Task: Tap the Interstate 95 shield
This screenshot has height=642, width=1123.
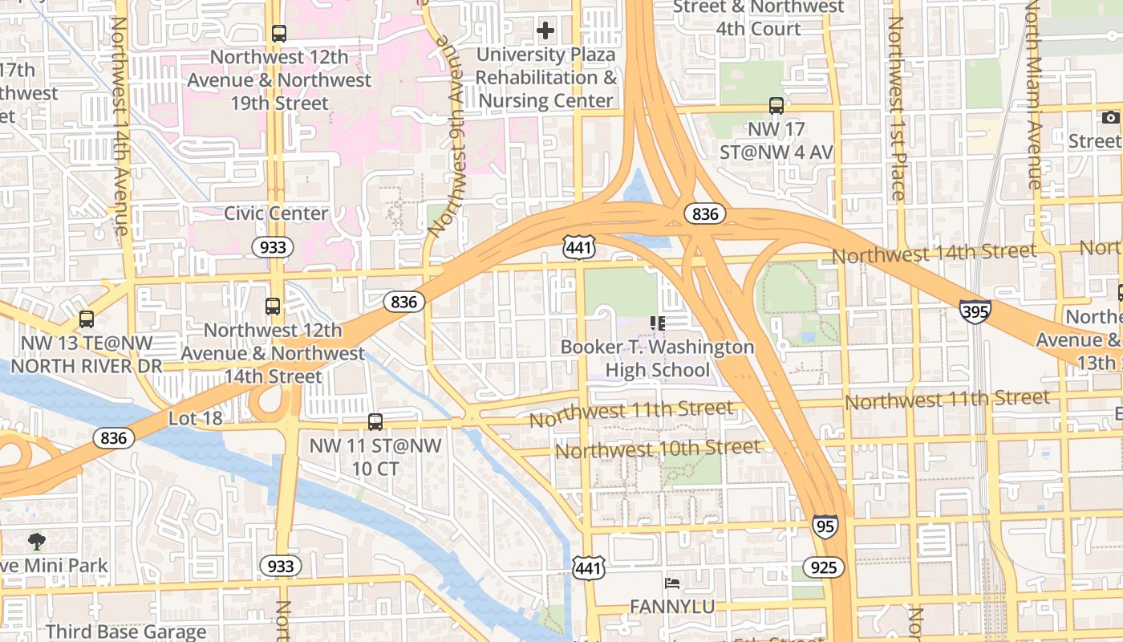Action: tap(825, 526)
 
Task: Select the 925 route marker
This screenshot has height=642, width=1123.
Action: tap(823, 568)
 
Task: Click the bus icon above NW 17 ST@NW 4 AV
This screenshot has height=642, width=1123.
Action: tap(776, 105)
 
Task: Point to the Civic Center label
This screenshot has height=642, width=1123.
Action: tap(275, 213)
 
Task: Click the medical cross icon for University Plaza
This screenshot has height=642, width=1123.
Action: tap(545, 31)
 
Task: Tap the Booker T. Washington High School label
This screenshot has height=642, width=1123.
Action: tap(657, 359)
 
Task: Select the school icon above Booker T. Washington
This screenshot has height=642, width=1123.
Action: tap(658, 323)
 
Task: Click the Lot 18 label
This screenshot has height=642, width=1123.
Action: tap(195, 418)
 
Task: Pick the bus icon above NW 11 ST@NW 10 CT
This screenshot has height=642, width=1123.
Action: tap(375, 421)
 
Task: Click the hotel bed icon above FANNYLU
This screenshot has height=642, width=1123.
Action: tap(672, 583)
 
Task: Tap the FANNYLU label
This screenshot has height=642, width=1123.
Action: tap(672, 607)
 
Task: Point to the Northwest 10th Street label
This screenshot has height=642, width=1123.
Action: tap(657, 449)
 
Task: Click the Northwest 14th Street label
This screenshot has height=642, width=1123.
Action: tap(934, 254)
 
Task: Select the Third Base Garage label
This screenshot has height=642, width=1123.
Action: tap(126, 632)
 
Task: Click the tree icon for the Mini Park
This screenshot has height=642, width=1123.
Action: tap(37, 541)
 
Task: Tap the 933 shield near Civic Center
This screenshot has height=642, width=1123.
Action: tap(273, 247)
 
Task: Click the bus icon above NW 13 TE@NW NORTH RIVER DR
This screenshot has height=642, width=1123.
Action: tap(87, 319)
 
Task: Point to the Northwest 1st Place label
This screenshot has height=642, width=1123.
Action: tap(896, 108)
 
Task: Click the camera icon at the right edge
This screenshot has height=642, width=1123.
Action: tap(1110, 118)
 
